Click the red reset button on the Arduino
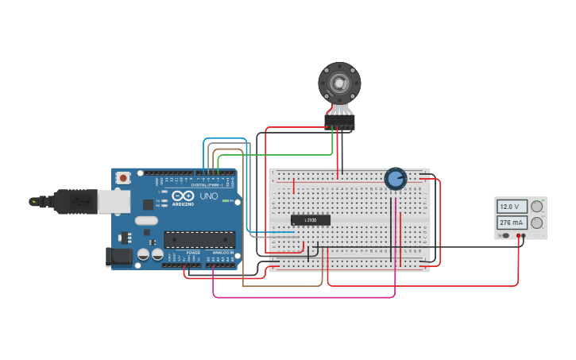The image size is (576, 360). coord(122,179)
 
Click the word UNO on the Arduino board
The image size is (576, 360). coord(209,196)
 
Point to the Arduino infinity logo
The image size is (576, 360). coord(183,196)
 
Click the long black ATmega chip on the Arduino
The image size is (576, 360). coord(199,239)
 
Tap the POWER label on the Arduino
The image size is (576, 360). coord(193,252)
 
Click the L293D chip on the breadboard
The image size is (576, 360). coord(310,220)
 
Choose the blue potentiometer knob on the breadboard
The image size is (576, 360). coord(395,179)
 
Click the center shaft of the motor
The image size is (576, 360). coord(339,83)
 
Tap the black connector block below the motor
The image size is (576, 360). coord(339,122)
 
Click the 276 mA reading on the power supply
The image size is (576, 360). coord(512,223)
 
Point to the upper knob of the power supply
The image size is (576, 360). coord(537,207)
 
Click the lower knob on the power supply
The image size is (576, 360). coord(537,223)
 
